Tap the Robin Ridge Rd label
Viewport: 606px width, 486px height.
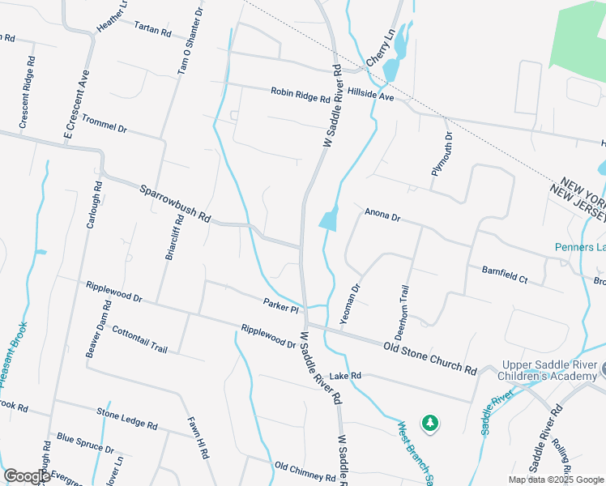coord(301,95)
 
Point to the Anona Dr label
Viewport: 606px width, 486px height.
coord(382,215)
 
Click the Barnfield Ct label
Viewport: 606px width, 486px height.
coord(504,275)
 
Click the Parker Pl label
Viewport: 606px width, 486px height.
coord(281,306)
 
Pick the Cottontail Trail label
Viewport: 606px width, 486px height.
coord(140,340)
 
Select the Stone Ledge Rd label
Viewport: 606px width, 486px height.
coord(127,417)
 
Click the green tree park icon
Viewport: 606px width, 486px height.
coord(429,423)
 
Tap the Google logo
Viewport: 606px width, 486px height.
coord(28,476)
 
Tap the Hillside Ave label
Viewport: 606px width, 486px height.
coord(369,96)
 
